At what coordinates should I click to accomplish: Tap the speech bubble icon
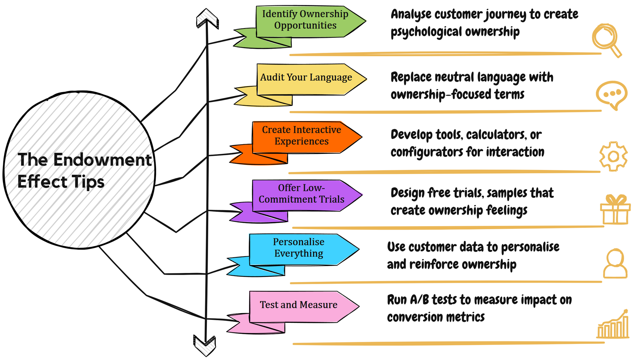point(611,95)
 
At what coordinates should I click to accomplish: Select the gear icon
point(613,156)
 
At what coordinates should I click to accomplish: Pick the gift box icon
point(615,210)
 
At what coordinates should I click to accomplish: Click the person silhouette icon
point(615,263)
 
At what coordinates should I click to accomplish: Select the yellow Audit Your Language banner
point(306,79)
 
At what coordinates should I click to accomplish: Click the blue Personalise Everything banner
point(299,249)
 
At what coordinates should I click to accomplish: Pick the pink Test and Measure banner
point(299,306)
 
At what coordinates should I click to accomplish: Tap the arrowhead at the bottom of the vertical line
point(205,345)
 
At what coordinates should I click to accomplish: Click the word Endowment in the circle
point(102,160)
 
